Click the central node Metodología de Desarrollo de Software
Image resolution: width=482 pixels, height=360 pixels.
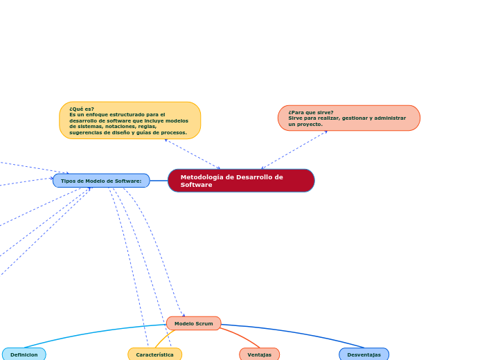(241, 181)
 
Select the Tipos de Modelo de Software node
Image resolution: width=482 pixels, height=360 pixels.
(101, 181)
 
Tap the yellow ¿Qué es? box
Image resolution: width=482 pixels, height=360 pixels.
(130, 120)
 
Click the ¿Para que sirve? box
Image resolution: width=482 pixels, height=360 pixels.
(349, 118)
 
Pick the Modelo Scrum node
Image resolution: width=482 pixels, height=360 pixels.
(194, 323)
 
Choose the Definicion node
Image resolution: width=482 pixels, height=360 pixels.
(24, 354)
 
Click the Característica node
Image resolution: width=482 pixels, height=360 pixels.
(155, 354)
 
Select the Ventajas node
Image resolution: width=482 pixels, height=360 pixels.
(260, 354)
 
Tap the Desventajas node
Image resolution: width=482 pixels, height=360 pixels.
(364, 354)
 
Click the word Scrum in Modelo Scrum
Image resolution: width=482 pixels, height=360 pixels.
(204, 323)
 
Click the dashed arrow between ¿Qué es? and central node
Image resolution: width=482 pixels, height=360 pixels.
(192, 154)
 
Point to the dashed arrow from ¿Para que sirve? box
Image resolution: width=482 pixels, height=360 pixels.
(294, 150)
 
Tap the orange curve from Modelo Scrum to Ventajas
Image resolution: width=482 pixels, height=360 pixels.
(242, 337)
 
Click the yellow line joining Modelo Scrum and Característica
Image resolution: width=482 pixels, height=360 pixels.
(164, 339)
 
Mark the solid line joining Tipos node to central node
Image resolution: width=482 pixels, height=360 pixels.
(159, 181)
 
